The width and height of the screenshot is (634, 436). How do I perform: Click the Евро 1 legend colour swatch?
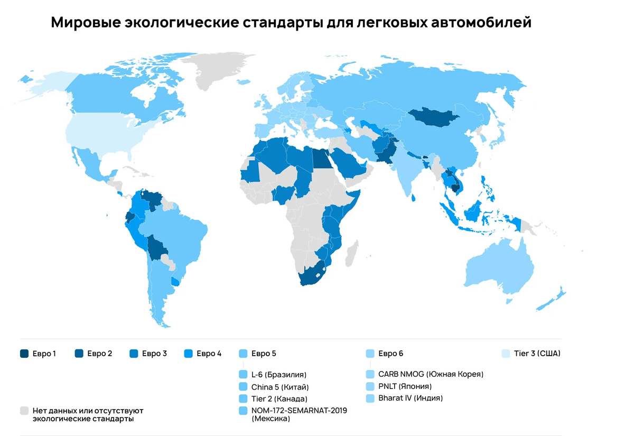(24, 354)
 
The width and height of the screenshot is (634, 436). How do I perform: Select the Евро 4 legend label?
(209, 354)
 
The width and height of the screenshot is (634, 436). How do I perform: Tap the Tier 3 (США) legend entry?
(537, 354)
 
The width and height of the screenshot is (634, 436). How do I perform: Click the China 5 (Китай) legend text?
(280, 386)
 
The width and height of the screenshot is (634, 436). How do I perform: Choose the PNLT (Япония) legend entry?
(405, 386)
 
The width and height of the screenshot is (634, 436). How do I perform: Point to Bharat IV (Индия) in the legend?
(410, 398)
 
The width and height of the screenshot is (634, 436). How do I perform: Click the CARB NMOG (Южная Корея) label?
(431, 374)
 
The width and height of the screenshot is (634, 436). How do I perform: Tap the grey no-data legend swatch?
(24, 410)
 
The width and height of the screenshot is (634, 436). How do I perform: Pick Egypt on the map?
(319, 157)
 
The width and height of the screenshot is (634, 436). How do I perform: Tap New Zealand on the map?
(552, 299)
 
